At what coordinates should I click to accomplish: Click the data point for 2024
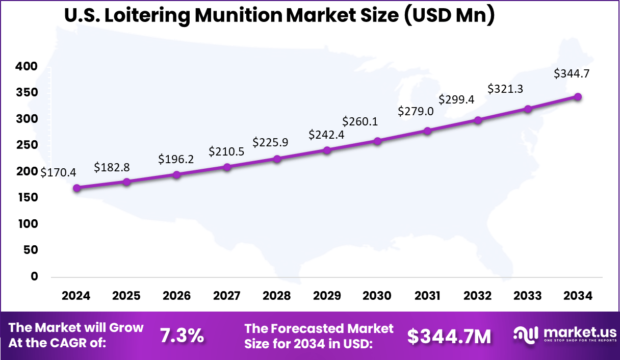[77, 188]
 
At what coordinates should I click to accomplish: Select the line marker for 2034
[578, 97]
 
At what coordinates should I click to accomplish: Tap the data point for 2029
[327, 150]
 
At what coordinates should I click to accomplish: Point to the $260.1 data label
[360, 121]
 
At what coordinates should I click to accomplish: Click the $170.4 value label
[59, 172]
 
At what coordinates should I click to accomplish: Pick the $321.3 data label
[505, 89]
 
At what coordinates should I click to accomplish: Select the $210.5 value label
[226, 151]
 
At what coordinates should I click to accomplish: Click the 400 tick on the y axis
[27, 66]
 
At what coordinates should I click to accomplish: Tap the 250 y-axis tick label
[27, 145]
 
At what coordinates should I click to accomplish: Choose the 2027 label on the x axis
[226, 296]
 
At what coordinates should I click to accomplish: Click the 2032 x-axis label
[478, 296]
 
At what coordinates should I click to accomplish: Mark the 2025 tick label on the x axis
[126, 296]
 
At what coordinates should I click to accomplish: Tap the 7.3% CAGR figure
[182, 336]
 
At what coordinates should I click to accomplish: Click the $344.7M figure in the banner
[449, 336]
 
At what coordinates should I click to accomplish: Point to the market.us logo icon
[525, 335]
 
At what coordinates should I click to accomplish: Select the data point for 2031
[427, 131]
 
